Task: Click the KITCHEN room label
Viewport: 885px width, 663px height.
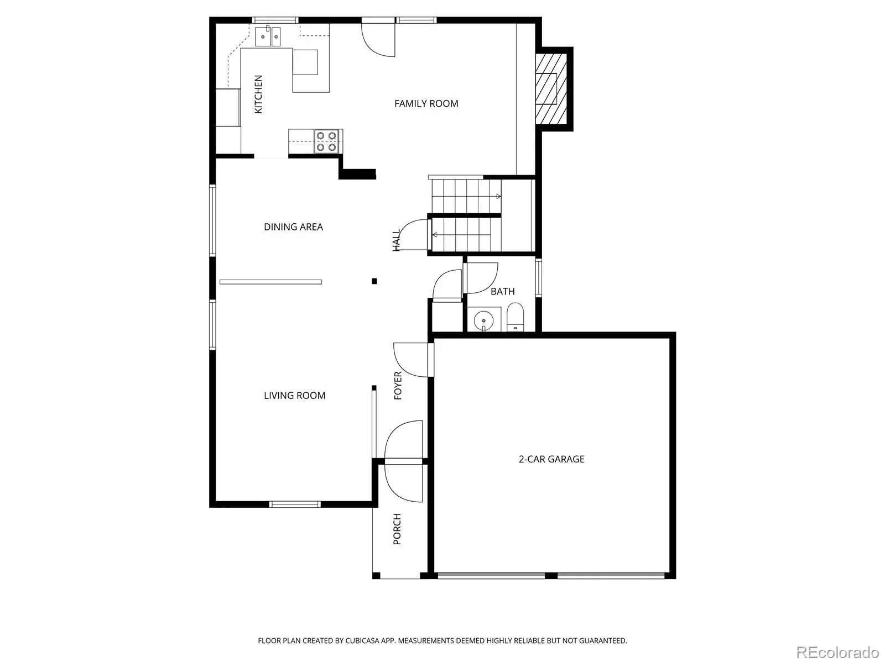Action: (258, 94)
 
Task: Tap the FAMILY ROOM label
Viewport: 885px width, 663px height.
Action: (426, 104)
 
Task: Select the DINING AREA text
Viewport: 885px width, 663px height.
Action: (293, 227)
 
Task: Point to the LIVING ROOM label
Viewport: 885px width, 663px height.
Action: (294, 396)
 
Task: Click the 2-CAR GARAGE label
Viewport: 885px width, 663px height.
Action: (551, 459)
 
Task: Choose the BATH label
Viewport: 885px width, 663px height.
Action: (502, 292)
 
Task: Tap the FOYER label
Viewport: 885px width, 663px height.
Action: (398, 386)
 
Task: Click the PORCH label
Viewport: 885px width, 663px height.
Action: (397, 529)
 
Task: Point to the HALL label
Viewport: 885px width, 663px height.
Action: (397, 240)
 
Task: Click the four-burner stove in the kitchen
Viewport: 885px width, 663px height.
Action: (326, 141)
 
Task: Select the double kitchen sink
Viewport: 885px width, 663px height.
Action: (268, 36)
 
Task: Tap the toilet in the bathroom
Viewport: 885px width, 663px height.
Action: (515, 318)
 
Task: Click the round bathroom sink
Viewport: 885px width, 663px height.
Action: (483, 321)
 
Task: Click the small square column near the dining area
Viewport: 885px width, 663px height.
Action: (374, 281)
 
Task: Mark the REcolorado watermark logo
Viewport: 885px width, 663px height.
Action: (838, 652)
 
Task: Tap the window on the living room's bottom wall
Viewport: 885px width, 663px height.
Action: (295, 504)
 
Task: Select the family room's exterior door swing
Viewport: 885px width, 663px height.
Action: (378, 40)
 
